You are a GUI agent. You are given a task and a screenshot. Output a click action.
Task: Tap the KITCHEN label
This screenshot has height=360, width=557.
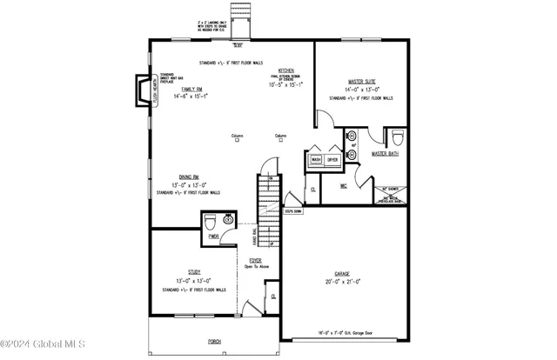pyautogui.click(x=285, y=70)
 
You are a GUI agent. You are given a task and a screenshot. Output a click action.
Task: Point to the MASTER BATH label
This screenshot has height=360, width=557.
pyautogui.click(x=385, y=154)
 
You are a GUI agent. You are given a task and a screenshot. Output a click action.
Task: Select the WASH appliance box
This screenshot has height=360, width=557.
pyautogui.click(x=316, y=160)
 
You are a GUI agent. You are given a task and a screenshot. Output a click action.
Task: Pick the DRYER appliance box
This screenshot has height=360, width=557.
pyautogui.click(x=332, y=160)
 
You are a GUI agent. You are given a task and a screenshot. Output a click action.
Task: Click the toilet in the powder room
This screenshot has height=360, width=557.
pyautogui.click(x=210, y=223)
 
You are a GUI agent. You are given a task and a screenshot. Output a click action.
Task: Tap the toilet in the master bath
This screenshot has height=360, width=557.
pyautogui.click(x=397, y=137)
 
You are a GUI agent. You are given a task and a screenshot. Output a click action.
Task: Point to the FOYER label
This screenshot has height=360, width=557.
pyautogui.click(x=255, y=260)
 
